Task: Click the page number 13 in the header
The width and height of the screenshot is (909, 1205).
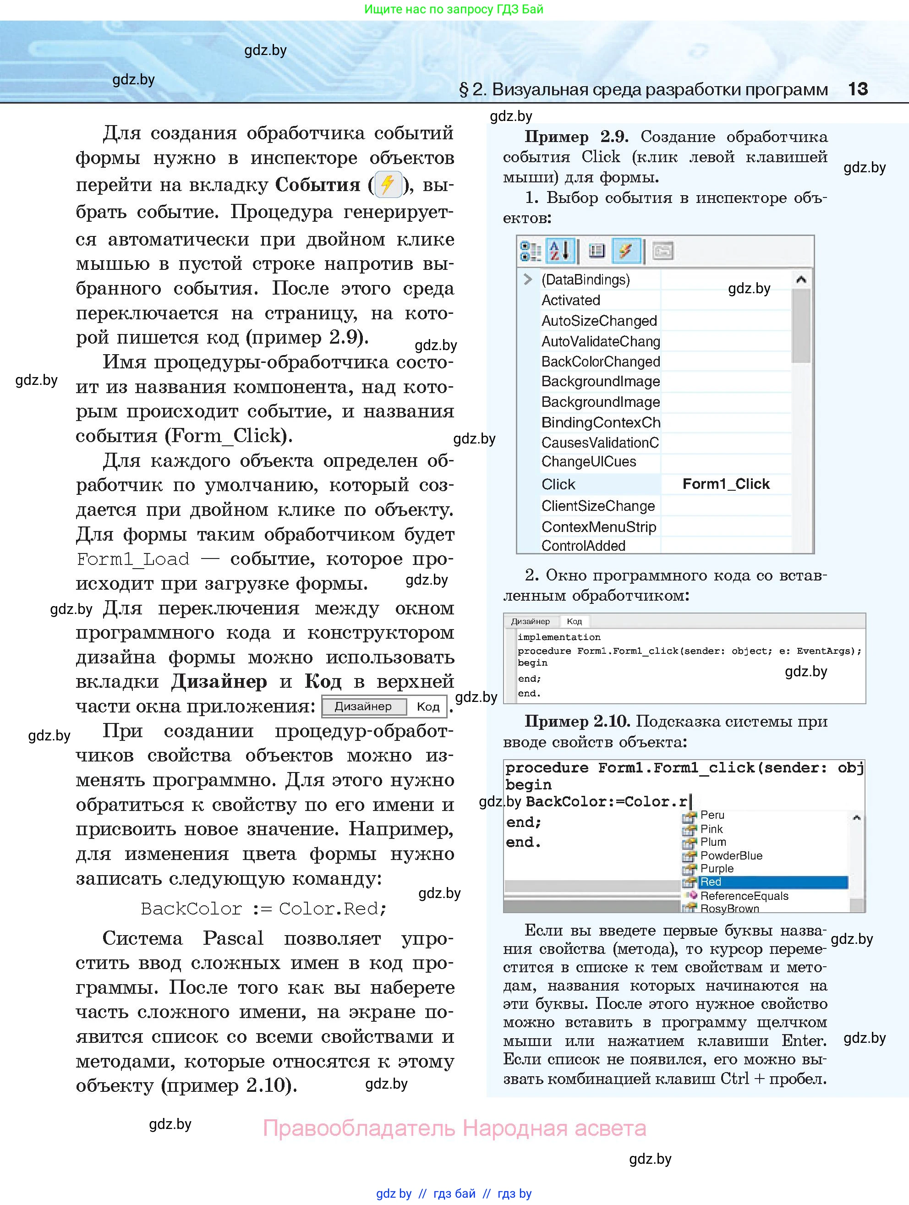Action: coord(858,89)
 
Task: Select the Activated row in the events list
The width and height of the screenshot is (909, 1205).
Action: coord(570,300)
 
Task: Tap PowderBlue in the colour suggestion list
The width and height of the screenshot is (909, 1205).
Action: coord(731,855)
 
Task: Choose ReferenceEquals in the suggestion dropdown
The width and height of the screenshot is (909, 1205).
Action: coord(744,896)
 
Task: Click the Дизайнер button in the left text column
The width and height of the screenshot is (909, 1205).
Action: coord(363,707)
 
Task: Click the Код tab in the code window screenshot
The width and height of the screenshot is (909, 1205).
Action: coord(574,621)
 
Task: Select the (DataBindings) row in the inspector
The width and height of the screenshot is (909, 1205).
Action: coord(586,279)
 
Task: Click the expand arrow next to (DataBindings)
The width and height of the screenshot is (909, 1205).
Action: coord(527,279)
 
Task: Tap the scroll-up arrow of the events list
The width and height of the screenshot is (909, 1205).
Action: coord(800,280)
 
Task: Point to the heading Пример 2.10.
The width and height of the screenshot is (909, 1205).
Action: coord(577,721)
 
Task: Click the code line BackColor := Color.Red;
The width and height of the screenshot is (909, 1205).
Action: coord(263,909)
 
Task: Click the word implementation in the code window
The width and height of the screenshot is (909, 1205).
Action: coord(559,637)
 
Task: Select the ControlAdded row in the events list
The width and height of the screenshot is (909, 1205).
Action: coord(583,546)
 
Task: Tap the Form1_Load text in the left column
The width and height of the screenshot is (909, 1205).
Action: coord(133,559)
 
